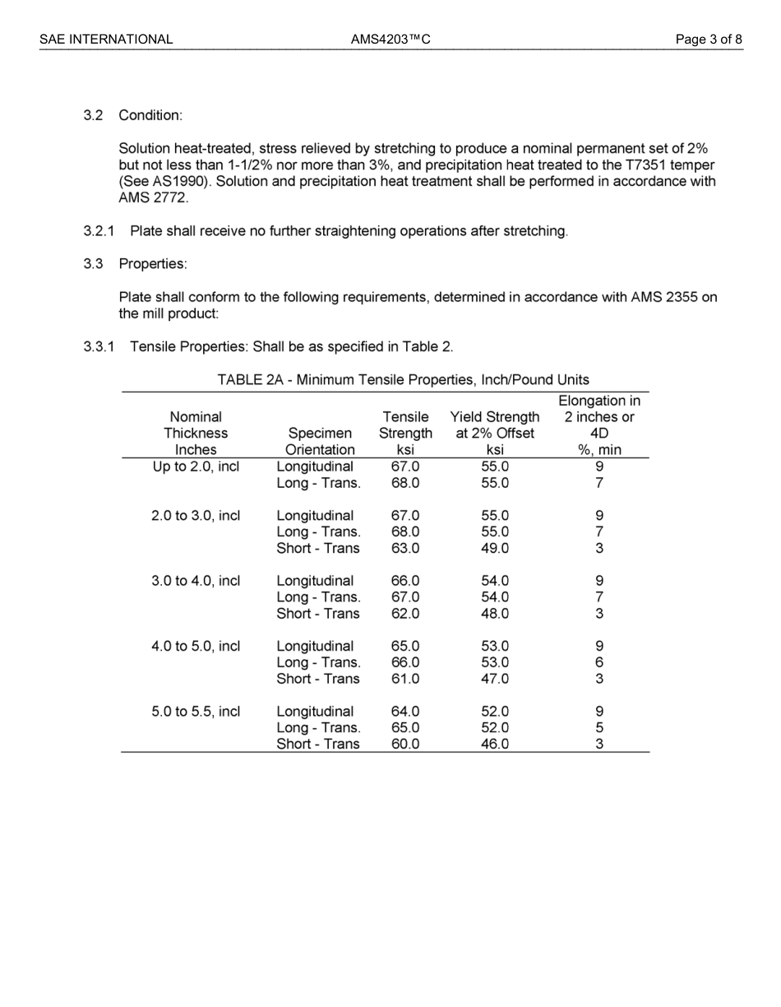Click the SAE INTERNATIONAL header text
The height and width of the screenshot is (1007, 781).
click(106, 39)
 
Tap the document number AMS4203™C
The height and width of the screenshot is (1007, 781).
click(390, 39)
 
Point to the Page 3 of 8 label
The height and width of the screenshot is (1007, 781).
click(709, 39)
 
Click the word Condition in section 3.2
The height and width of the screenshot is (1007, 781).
click(150, 115)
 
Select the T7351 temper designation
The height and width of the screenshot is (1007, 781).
click(646, 165)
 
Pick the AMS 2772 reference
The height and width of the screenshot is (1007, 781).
click(154, 197)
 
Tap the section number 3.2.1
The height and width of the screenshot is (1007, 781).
click(99, 231)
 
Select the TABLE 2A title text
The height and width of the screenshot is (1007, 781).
click(403, 379)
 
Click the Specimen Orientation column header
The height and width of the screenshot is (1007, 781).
click(320, 441)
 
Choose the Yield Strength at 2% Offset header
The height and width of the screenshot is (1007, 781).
click(495, 433)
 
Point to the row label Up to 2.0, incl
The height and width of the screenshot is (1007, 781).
click(196, 466)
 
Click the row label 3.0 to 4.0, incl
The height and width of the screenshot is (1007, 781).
click(196, 581)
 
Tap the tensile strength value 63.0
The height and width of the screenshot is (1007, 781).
click(405, 548)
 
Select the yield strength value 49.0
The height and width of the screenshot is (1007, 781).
click(495, 548)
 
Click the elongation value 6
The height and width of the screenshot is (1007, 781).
click(599, 662)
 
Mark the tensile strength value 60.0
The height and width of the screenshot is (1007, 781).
click(405, 744)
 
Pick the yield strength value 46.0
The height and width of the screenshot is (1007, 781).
click(495, 744)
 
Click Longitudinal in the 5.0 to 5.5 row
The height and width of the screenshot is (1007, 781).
click(315, 712)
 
